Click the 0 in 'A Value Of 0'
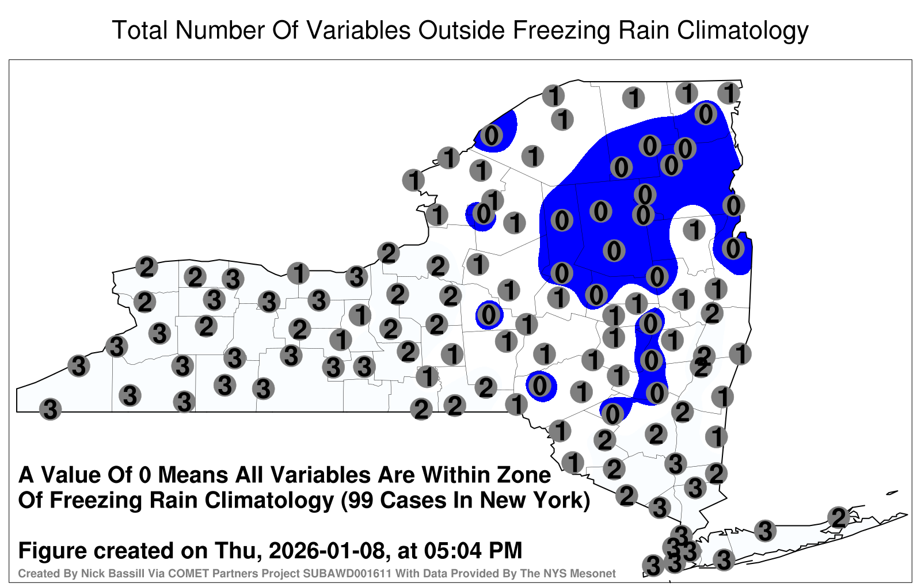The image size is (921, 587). (145, 475)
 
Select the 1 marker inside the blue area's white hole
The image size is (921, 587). (694, 230)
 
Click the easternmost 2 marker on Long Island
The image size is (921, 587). (838, 517)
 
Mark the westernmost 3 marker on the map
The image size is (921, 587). (50, 409)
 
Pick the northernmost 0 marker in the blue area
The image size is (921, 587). (706, 114)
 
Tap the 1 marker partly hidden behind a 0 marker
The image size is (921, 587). (493, 200)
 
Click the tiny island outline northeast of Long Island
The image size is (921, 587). (892, 493)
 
